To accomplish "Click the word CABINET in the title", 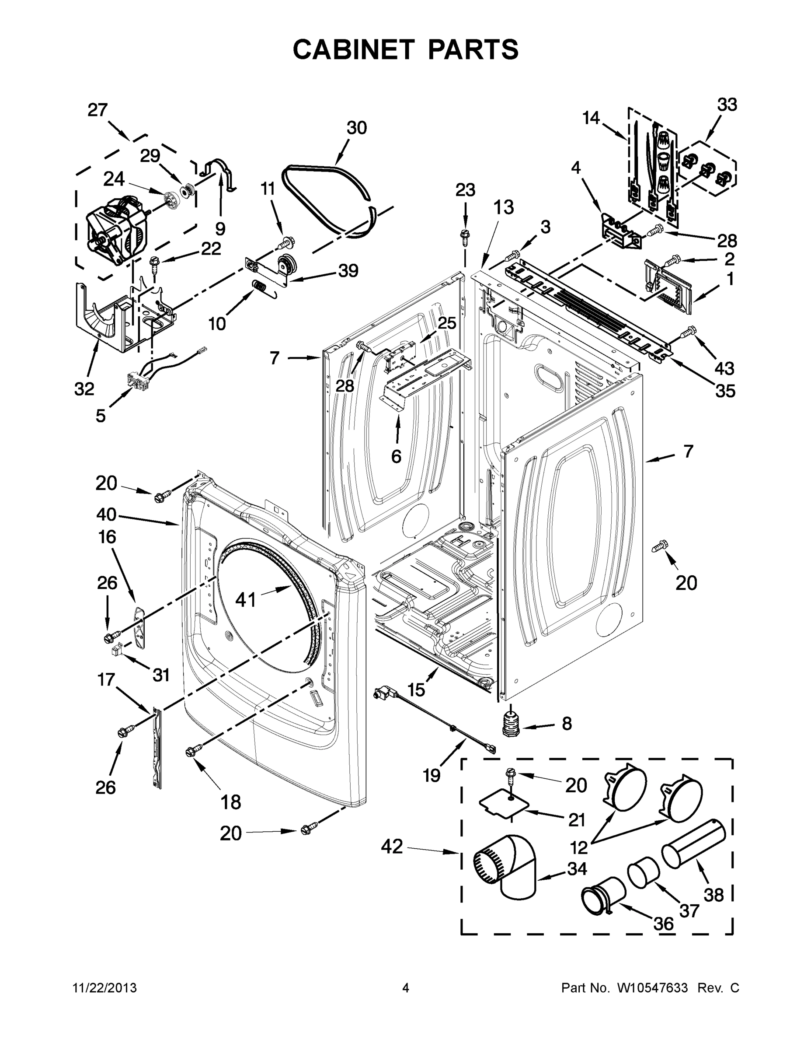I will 353,49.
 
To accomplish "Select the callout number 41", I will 246,599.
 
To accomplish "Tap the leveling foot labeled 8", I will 511,723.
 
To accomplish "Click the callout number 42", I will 392,846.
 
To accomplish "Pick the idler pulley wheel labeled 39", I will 287,266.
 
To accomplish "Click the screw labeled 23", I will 465,234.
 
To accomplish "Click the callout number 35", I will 725,390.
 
